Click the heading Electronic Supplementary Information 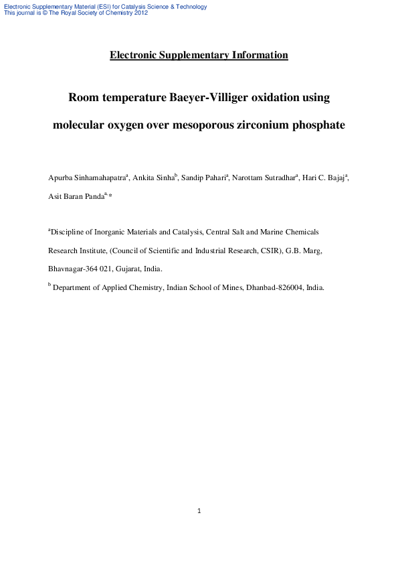pyautogui.click(x=199, y=55)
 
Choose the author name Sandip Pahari pyautogui.click(x=203, y=178)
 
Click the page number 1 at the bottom pyautogui.click(x=199, y=511)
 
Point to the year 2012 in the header pyautogui.click(x=140, y=13)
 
